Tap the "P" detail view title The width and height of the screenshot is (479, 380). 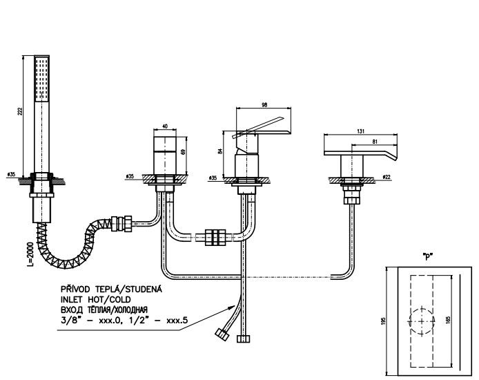pyautogui.click(x=427, y=255)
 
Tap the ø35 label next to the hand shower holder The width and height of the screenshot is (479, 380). pyautogui.click(x=11, y=173)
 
